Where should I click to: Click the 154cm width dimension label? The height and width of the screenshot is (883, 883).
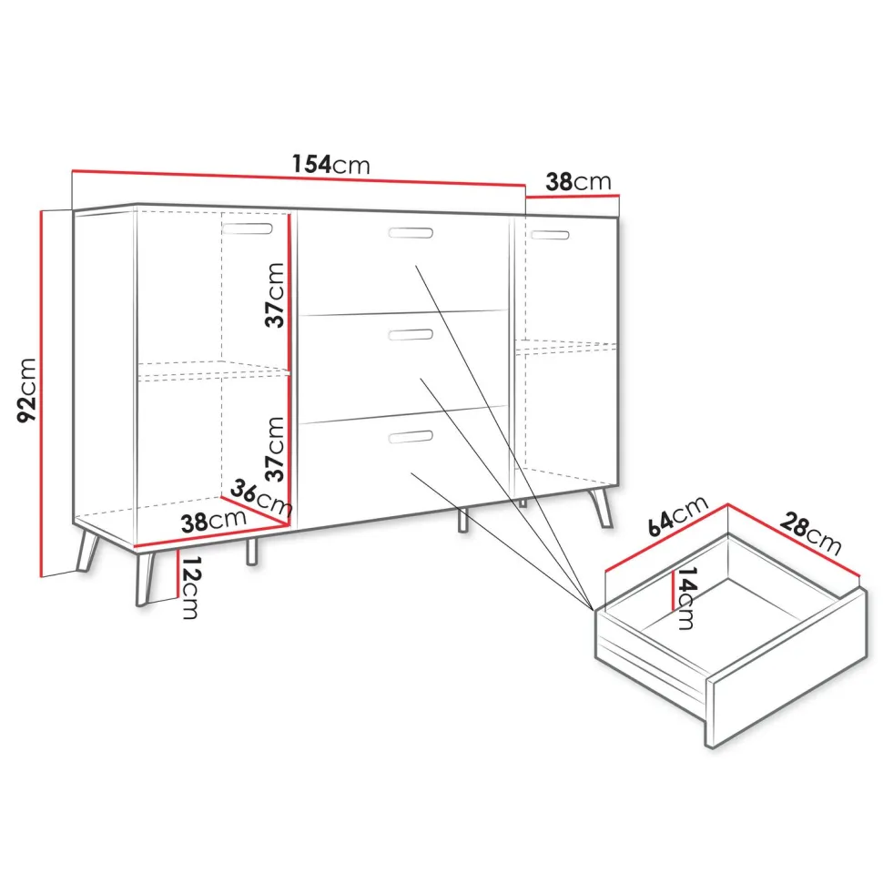point(331,164)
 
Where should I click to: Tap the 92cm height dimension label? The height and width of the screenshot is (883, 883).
point(27,390)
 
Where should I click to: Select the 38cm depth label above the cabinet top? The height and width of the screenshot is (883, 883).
point(578,181)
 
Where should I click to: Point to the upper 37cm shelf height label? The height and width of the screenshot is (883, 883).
point(276,295)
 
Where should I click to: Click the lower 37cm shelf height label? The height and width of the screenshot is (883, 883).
point(276,450)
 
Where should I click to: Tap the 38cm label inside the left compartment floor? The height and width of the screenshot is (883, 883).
point(213,521)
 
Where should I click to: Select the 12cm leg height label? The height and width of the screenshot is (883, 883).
point(190,588)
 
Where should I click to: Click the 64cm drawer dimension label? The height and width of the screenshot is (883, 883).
point(677,516)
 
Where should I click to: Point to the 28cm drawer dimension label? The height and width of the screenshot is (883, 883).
point(810,533)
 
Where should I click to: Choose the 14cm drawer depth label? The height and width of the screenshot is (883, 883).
point(685,597)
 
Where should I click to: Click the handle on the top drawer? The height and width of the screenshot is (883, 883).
point(411,232)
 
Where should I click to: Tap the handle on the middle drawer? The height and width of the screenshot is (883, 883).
point(411,334)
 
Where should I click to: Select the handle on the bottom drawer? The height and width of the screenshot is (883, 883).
point(411,436)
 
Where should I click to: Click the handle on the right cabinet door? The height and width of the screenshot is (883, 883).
point(550,234)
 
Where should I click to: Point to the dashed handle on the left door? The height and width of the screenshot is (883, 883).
point(248,228)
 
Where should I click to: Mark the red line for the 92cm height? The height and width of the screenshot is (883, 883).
point(41,393)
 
